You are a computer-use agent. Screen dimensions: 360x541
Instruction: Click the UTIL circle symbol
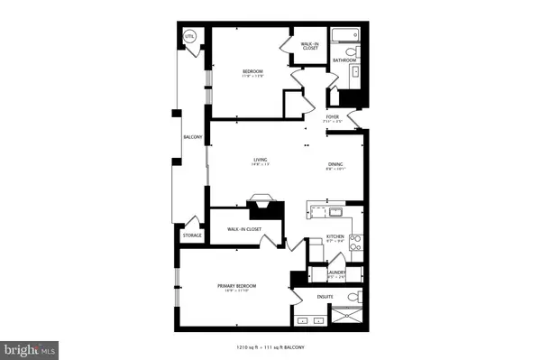[190, 37]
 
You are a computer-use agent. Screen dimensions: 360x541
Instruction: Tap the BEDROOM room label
[252, 71]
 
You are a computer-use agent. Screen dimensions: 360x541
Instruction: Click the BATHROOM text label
[344, 60]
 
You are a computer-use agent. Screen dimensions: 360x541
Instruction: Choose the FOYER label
[333, 116]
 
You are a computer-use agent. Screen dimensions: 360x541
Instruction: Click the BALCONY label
[192, 137]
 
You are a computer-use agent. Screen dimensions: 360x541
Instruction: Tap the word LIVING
[259, 161]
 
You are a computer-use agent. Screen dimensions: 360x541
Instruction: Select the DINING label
[335, 164]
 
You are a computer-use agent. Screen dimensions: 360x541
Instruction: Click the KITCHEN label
[336, 237]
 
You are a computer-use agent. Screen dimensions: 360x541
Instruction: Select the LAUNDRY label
[336, 272]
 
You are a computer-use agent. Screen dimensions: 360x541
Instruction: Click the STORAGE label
[192, 235]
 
